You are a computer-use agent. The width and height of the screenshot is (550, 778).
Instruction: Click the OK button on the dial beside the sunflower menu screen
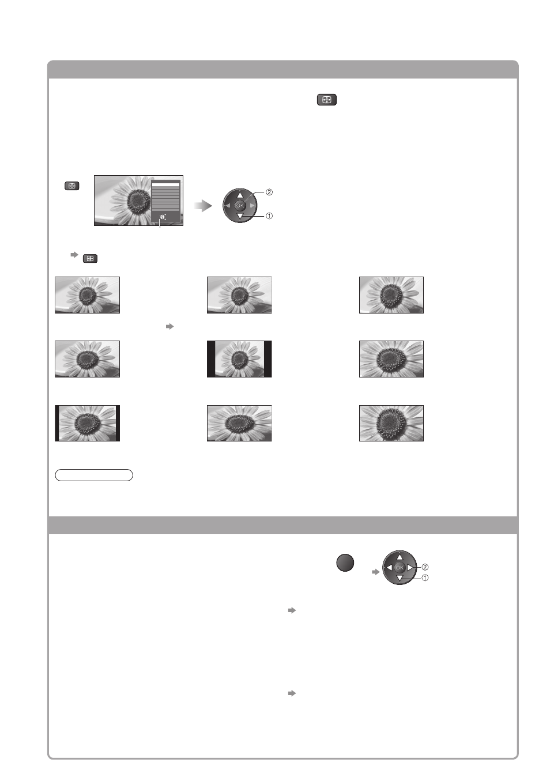(x=240, y=206)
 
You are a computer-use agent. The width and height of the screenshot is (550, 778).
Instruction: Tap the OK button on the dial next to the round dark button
(x=400, y=568)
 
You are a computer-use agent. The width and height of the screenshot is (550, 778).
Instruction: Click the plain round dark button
(x=345, y=562)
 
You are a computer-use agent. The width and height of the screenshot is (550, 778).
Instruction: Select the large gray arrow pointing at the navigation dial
(x=203, y=206)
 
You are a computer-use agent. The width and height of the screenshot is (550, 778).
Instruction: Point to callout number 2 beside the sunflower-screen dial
(x=269, y=192)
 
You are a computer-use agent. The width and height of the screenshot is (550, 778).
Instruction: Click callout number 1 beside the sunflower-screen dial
(x=269, y=216)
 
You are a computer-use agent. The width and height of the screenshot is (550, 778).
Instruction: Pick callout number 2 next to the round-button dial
(x=424, y=567)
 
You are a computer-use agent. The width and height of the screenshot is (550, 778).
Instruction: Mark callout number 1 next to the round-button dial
(x=424, y=577)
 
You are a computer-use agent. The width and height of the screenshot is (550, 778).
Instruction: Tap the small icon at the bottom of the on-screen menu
(x=163, y=217)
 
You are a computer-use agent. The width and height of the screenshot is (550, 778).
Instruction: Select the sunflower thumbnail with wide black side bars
(x=239, y=359)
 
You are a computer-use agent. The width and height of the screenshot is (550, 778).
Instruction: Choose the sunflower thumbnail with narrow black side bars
(x=87, y=423)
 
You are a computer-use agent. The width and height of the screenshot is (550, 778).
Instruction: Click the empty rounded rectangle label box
(x=94, y=475)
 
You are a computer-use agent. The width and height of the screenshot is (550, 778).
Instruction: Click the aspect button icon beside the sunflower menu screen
(x=72, y=186)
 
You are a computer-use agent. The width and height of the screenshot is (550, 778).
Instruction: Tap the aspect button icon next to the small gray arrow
(x=90, y=258)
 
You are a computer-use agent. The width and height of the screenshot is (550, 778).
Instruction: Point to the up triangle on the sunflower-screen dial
(x=240, y=195)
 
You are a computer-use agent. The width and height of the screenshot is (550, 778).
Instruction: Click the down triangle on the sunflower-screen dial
(x=240, y=217)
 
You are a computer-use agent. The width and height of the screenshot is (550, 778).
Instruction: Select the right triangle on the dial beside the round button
(x=410, y=568)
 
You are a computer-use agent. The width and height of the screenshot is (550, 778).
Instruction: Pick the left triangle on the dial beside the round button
(x=389, y=568)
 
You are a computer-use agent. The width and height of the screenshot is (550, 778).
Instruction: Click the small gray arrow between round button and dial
(x=375, y=572)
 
